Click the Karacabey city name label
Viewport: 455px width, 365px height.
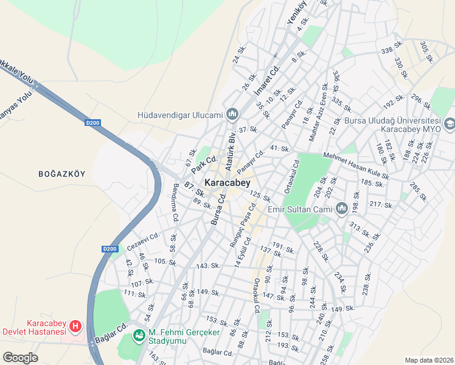(x=227, y=182)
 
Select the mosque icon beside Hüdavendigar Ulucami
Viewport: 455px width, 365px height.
(x=232, y=114)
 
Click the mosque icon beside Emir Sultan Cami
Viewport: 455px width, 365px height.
(x=341, y=210)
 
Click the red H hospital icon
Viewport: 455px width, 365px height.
(x=75, y=327)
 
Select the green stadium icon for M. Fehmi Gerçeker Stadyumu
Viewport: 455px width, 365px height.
(x=139, y=335)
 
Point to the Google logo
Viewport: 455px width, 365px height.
(x=20, y=358)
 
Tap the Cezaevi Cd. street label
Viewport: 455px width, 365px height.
(x=143, y=241)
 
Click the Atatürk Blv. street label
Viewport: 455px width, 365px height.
(x=231, y=146)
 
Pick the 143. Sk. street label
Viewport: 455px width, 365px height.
(x=207, y=266)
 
